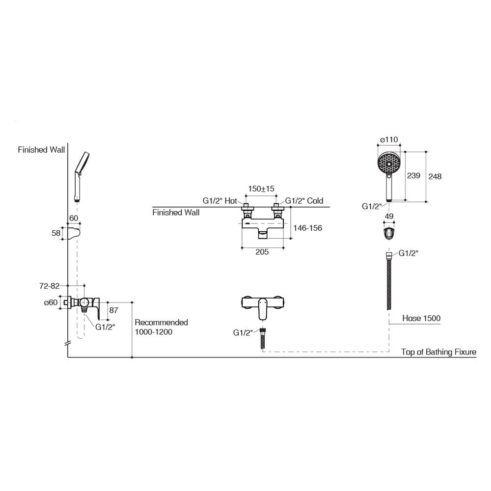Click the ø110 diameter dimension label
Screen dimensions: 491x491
389,139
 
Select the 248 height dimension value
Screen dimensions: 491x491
435,177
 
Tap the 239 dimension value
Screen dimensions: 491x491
413,176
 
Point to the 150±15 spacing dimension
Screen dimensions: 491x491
261,189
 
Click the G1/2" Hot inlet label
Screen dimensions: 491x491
220,201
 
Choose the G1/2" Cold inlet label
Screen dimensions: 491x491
304,201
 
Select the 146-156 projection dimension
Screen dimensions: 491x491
307,228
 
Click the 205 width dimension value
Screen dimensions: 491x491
262,252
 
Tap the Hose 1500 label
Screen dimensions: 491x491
421,319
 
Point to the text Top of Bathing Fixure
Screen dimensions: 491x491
438,352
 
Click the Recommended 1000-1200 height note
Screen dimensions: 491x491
161,327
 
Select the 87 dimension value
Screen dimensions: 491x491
114,310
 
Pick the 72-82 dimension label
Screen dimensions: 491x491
50,286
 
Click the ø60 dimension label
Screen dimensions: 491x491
51,302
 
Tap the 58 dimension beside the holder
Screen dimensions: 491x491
56,233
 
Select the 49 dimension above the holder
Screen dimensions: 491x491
389,217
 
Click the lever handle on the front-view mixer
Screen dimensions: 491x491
263,309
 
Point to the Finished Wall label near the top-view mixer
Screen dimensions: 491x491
176,213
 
